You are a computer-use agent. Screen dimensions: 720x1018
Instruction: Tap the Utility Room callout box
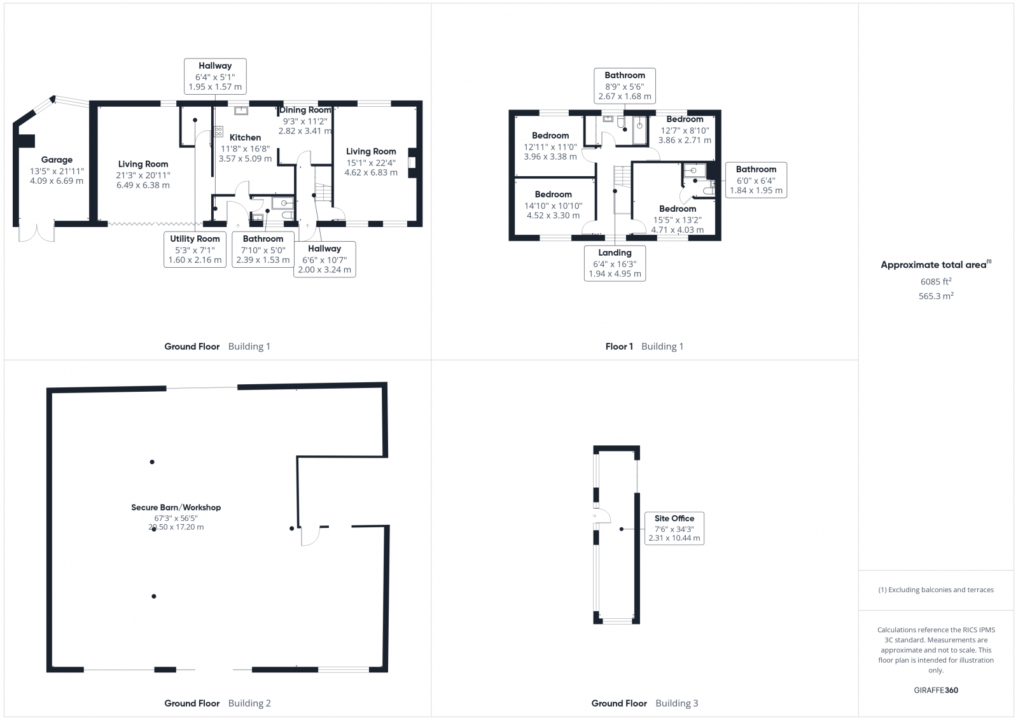tap(195, 249)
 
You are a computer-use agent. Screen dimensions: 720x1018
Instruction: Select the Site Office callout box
tap(674, 528)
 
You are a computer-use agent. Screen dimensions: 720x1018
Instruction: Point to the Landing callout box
tap(615, 263)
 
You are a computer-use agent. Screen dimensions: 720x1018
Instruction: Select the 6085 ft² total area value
tap(935, 282)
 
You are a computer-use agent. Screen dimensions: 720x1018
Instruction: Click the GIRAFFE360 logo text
tap(936, 690)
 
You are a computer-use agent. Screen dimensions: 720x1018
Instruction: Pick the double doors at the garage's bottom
tap(37, 233)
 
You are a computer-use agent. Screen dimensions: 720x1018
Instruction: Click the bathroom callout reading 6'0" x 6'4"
tap(756, 180)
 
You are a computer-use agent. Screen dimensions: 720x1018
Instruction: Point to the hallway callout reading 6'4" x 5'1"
tap(215, 76)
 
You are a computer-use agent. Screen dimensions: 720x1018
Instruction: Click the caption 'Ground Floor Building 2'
tap(218, 703)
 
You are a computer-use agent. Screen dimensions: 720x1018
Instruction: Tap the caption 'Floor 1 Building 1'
tap(644, 346)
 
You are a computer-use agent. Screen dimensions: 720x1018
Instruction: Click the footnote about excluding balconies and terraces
tap(936, 590)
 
